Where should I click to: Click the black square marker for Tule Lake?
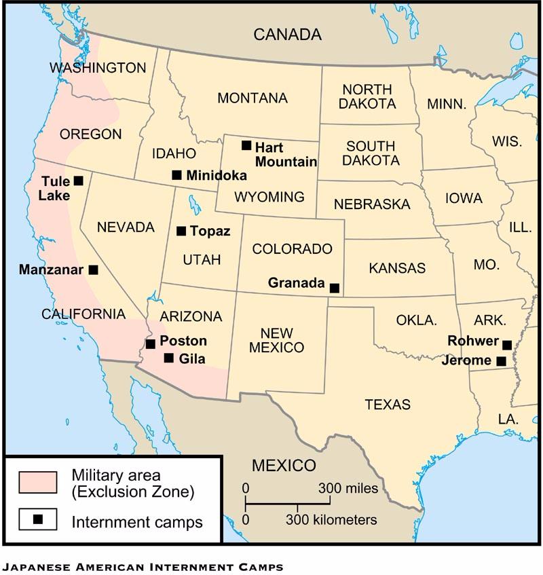pyautogui.click(x=79, y=181)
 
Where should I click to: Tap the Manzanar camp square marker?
pyautogui.click(x=94, y=270)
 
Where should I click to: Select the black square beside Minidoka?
pyautogui.click(x=176, y=175)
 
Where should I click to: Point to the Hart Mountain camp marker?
pyautogui.click(x=246, y=145)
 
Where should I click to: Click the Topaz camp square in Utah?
pyautogui.click(x=181, y=231)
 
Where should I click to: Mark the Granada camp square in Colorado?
pyautogui.click(x=334, y=288)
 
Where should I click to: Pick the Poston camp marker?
pyautogui.click(x=151, y=344)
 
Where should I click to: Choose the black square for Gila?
pyautogui.click(x=169, y=358)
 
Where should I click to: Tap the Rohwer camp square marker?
pyautogui.click(x=507, y=345)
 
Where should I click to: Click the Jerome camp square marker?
pyautogui.click(x=501, y=361)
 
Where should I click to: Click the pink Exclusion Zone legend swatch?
pyautogui.click(x=38, y=481)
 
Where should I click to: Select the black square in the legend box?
pyautogui.click(x=38, y=519)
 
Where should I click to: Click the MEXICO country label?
pyautogui.click(x=284, y=466)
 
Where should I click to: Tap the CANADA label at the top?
pyautogui.click(x=287, y=35)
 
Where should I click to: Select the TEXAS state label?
pyautogui.click(x=388, y=405)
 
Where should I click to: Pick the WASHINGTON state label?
pyautogui.click(x=98, y=68)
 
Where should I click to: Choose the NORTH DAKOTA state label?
pyautogui.click(x=367, y=96)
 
